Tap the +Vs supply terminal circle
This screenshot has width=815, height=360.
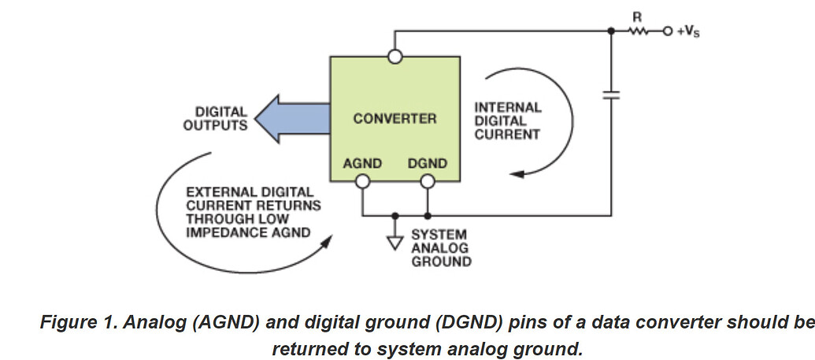pyautogui.click(x=668, y=32)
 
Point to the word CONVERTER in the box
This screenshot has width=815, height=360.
pyautogui.click(x=395, y=119)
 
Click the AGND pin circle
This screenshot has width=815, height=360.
pyautogui.click(x=363, y=182)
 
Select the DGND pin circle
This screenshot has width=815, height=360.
pyautogui.click(x=427, y=182)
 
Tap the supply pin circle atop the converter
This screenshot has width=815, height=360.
pyautogui.click(x=395, y=56)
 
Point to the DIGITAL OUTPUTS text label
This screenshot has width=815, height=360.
pyautogui.click(x=215, y=119)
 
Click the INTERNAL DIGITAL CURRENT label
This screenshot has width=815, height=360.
pyautogui.click(x=507, y=121)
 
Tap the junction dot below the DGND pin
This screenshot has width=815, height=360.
pyautogui.click(x=427, y=215)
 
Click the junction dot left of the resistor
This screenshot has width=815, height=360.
pyautogui.click(x=612, y=32)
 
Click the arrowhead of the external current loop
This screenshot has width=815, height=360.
pyautogui.click(x=322, y=245)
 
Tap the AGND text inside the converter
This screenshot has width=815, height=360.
pyautogui.click(x=363, y=164)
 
